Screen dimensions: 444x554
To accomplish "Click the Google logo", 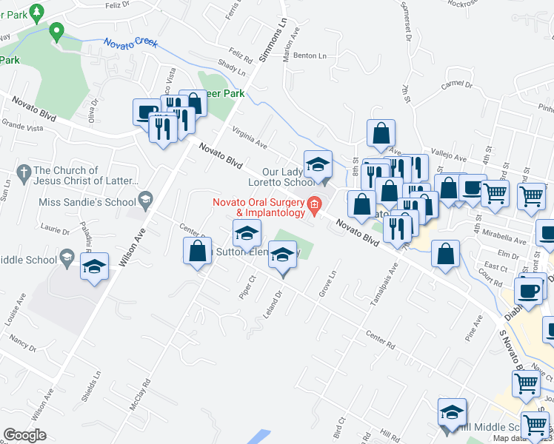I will (24, 435).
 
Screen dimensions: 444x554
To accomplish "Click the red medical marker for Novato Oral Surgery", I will (314, 203).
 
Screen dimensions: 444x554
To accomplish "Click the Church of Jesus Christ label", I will (86, 175).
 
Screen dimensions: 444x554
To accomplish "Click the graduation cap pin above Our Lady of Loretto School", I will (318, 164).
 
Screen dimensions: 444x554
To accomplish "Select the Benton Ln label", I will (310, 55).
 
